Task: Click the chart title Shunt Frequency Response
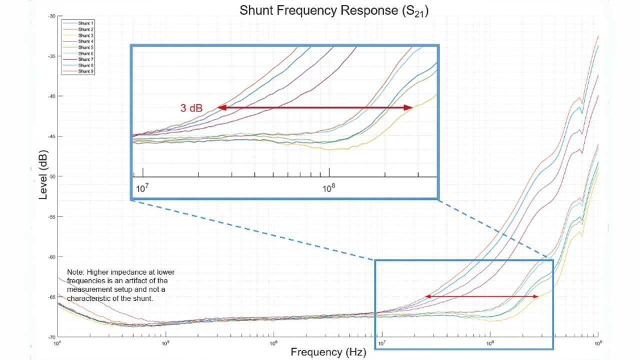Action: tap(333, 10)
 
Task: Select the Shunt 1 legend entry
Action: tap(85, 23)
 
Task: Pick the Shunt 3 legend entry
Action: tap(85, 35)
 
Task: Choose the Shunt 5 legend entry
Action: tap(85, 47)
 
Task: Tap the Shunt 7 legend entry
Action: tap(85, 59)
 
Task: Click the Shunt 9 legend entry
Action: tap(85, 71)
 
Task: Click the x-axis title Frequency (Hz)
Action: tap(328, 352)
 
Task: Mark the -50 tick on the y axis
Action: tap(52, 176)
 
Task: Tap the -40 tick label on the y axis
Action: tap(52, 96)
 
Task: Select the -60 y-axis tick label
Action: tap(52, 256)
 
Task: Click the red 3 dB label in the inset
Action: tap(191, 108)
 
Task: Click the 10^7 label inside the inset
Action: tap(142, 189)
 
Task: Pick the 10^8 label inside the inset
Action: tap(328, 189)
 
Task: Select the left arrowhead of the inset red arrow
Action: tap(220, 107)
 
